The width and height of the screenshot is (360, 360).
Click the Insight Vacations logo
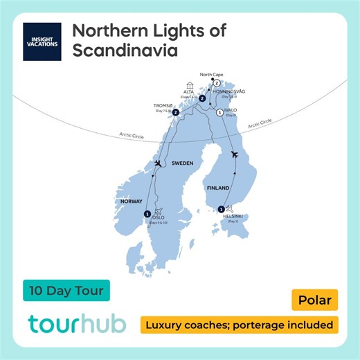point(42,41)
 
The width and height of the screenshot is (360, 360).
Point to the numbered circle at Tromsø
point(176,112)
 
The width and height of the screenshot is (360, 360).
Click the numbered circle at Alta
point(201,99)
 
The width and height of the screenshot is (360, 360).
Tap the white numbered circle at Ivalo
point(219,112)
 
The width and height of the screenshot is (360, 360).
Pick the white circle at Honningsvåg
point(217,83)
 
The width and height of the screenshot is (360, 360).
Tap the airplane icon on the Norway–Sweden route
point(159,163)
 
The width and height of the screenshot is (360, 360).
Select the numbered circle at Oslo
point(147,213)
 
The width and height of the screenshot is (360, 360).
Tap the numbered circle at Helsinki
point(221,208)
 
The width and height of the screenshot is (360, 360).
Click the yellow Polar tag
point(314,301)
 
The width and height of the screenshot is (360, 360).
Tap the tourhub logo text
point(78,325)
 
